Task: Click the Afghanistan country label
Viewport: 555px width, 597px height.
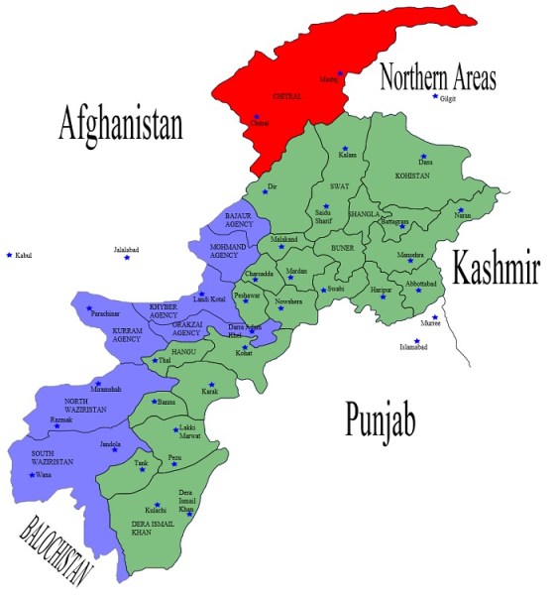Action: click(x=121, y=124)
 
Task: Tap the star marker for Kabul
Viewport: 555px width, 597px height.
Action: click(x=10, y=255)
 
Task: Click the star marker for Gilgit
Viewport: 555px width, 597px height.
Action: click(x=434, y=96)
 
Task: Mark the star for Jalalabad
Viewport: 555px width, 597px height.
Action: click(x=126, y=258)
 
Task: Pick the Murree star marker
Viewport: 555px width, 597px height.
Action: click(x=434, y=316)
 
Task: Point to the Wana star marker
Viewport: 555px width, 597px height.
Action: click(x=33, y=475)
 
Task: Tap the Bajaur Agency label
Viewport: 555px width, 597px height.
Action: click(x=241, y=220)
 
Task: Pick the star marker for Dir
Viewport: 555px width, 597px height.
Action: click(x=266, y=189)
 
